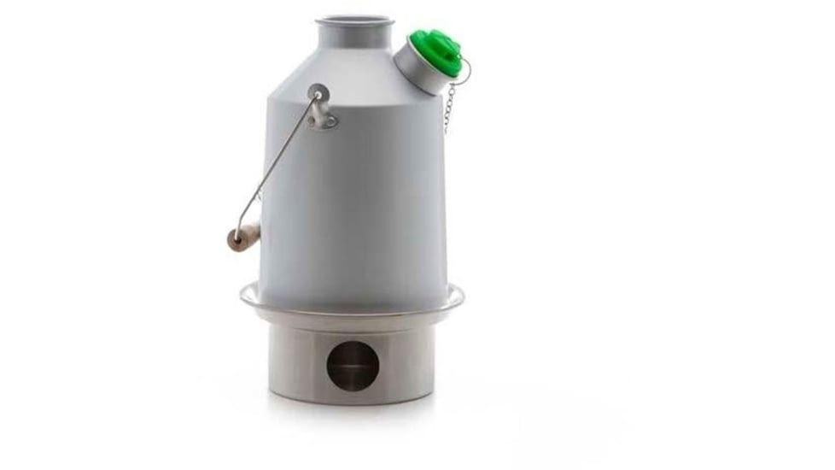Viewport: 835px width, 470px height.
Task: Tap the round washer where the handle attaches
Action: (318, 92)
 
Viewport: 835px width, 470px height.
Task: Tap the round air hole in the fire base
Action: (353, 367)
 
